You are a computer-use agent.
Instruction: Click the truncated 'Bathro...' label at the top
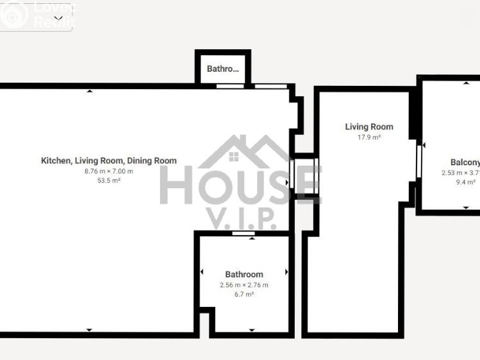coord(222,69)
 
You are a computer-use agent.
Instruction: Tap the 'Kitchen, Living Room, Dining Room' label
coord(109,161)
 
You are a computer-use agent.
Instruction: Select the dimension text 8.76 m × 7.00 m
coord(109,171)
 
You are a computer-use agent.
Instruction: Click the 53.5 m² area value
coord(109,181)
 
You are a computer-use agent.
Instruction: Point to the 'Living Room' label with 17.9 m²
coord(369,127)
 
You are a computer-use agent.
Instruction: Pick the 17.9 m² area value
coord(369,137)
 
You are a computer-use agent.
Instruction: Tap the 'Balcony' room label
coord(465,163)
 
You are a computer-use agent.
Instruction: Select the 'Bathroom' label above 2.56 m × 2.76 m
coord(244,275)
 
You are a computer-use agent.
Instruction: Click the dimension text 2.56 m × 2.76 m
coord(244,285)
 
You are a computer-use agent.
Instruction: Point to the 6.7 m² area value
coord(244,295)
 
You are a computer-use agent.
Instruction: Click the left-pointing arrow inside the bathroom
coord(203,272)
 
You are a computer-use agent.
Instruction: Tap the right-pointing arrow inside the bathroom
coord(286,272)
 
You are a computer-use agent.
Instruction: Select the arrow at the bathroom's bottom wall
coord(251,330)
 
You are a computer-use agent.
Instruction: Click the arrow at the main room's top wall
coord(90,91)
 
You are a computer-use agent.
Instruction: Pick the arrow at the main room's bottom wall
coord(90,330)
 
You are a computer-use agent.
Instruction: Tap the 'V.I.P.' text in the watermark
coord(240,218)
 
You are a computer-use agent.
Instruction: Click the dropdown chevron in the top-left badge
coord(58,19)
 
